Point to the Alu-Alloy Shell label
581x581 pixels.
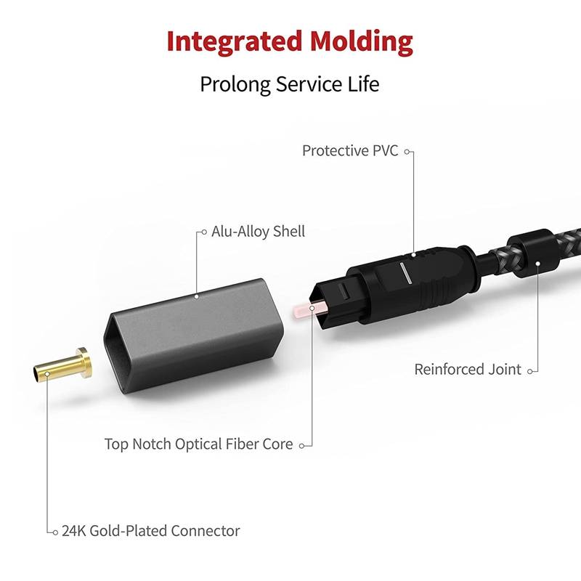point(258,232)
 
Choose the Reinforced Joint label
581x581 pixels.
point(468,370)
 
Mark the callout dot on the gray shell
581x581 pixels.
point(198,296)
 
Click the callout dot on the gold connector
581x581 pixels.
point(47,373)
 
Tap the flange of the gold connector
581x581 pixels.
point(84,362)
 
